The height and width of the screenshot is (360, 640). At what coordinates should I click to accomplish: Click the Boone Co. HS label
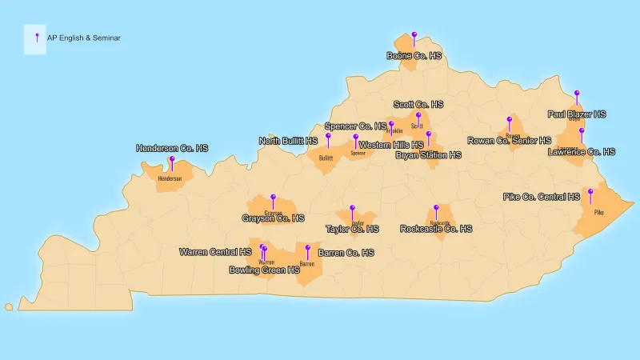point(414,56)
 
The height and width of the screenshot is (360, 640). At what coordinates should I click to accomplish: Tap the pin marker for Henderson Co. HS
point(172,159)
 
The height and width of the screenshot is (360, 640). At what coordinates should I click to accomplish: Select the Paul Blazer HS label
point(577,114)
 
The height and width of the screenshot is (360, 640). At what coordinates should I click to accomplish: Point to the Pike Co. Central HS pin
point(590,192)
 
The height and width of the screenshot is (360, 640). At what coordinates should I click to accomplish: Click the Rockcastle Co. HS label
point(436,229)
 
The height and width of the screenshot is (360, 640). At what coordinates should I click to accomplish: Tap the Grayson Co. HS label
point(273,218)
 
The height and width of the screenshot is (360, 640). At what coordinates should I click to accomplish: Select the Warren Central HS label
point(215,252)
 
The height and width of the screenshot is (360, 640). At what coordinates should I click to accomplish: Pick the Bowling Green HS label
point(264,270)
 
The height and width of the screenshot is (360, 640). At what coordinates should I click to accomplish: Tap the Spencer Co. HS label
point(355,126)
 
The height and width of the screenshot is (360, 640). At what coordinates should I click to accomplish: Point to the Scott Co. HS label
point(418,105)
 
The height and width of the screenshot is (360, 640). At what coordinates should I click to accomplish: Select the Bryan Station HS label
point(428,155)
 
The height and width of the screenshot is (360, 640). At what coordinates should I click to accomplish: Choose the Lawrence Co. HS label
point(582,151)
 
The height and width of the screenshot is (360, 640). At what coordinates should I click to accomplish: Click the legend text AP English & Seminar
point(84,38)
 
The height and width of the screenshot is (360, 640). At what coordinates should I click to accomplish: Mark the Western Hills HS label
point(391,145)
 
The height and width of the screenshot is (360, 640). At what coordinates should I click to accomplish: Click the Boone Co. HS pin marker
point(414,35)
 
